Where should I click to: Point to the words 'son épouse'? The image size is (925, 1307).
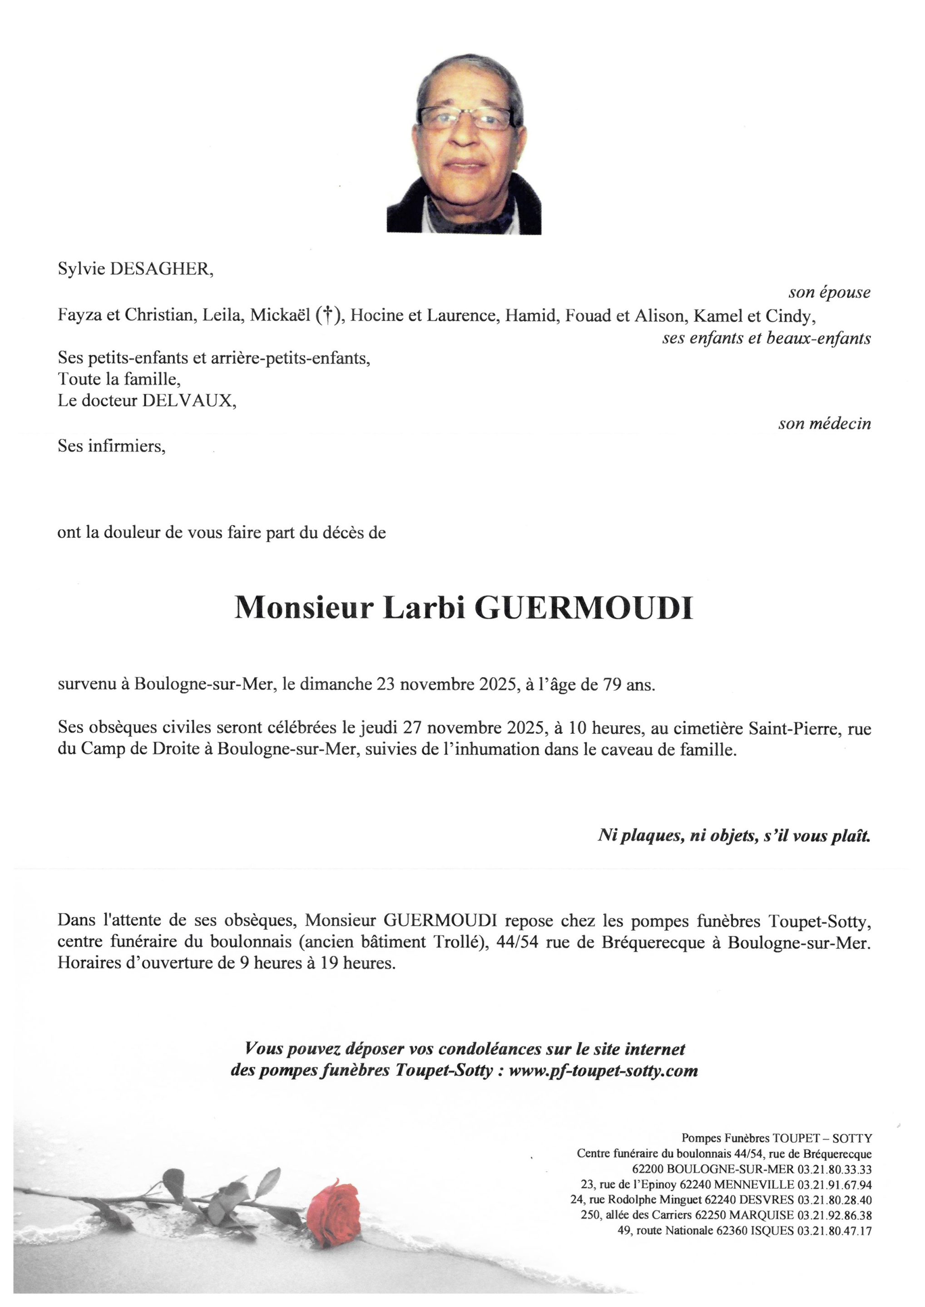coord(829,293)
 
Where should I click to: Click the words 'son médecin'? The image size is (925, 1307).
coord(824,423)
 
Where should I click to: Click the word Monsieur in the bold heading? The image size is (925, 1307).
coord(304,608)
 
